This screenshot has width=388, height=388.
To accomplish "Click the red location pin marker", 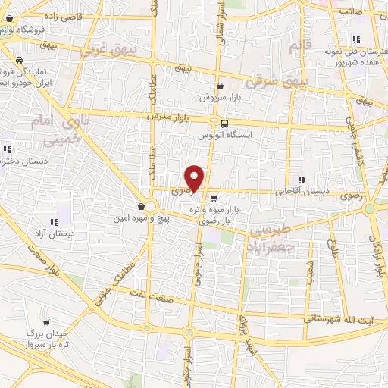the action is pyautogui.click(x=196, y=178).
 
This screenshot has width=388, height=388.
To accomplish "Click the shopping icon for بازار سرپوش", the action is pyautogui.click(x=220, y=86).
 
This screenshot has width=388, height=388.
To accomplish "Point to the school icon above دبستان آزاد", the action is pyautogui.click(x=54, y=222).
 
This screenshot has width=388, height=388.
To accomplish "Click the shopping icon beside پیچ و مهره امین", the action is pyautogui.click(x=142, y=206).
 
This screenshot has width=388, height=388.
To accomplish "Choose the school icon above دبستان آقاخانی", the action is pyautogui.click(x=302, y=180).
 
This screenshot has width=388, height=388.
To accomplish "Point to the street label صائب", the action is pyautogui.click(x=351, y=12).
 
